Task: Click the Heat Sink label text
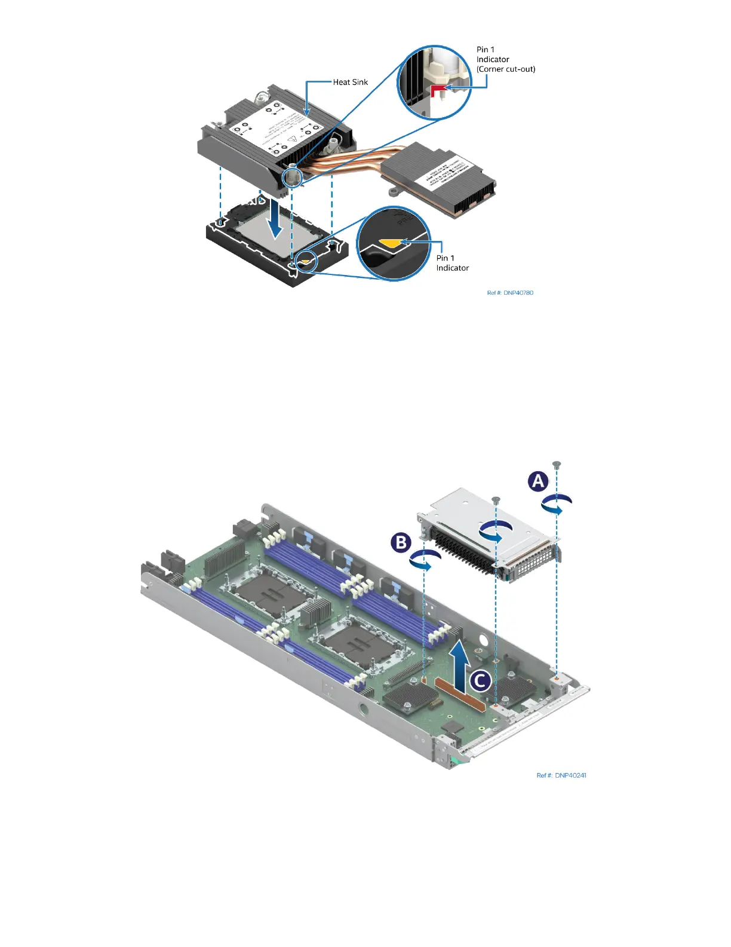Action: pos(351,83)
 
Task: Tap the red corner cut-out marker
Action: pos(438,90)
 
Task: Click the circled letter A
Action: pos(538,481)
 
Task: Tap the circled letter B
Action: pos(401,542)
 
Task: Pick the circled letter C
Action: pos(480,680)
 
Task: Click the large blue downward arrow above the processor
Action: pos(274,219)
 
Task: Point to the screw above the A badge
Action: pos(557,464)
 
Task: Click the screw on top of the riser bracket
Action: pos(495,499)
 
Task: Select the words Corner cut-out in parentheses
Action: pos(506,69)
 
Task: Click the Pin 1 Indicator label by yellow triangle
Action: pos(452,263)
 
